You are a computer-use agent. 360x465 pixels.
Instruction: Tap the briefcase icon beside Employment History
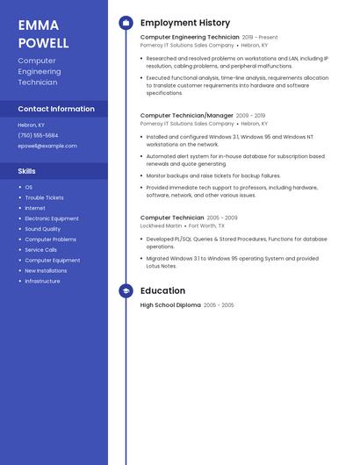click(x=126, y=23)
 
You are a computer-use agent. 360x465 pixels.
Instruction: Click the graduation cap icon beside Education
click(x=126, y=290)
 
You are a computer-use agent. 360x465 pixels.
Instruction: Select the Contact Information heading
click(x=56, y=109)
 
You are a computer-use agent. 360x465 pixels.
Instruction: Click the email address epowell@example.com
click(x=41, y=146)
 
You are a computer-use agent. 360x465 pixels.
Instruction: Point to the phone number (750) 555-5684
click(x=38, y=135)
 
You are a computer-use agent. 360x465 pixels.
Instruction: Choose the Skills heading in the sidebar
click(x=27, y=171)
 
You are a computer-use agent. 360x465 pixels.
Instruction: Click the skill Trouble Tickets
click(x=44, y=197)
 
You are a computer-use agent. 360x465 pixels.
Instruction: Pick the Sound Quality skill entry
click(x=42, y=229)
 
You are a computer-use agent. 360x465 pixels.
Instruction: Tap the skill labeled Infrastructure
click(x=42, y=281)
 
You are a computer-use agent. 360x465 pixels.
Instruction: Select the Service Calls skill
click(x=40, y=250)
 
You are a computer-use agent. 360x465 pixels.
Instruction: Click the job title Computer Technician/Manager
click(x=187, y=115)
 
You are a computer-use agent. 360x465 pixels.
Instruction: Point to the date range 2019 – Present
click(x=260, y=38)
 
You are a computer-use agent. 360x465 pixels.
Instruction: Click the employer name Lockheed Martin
click(x=162, y=225)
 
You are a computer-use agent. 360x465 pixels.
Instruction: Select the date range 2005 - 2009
click(x=222, y=218)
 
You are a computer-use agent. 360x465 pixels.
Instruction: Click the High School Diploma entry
click(x=170, y=304)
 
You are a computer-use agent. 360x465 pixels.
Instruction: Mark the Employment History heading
click(x=185, y=23)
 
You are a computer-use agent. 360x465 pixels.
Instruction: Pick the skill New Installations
click(x=46, y=270)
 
